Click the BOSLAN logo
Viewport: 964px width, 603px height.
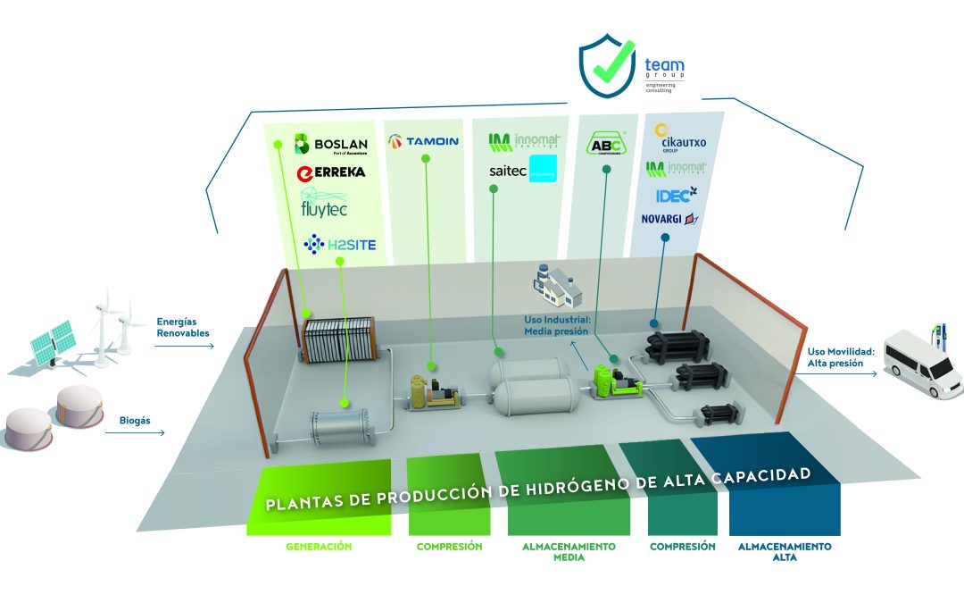[330, 144]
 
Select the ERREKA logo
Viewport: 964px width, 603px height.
[330, 172]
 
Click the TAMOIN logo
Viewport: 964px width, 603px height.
[423, 141]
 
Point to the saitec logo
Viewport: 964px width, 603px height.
[522, 170]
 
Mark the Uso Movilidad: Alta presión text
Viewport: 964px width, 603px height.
[835, 358]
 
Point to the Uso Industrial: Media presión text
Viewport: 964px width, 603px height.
[556, 325]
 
